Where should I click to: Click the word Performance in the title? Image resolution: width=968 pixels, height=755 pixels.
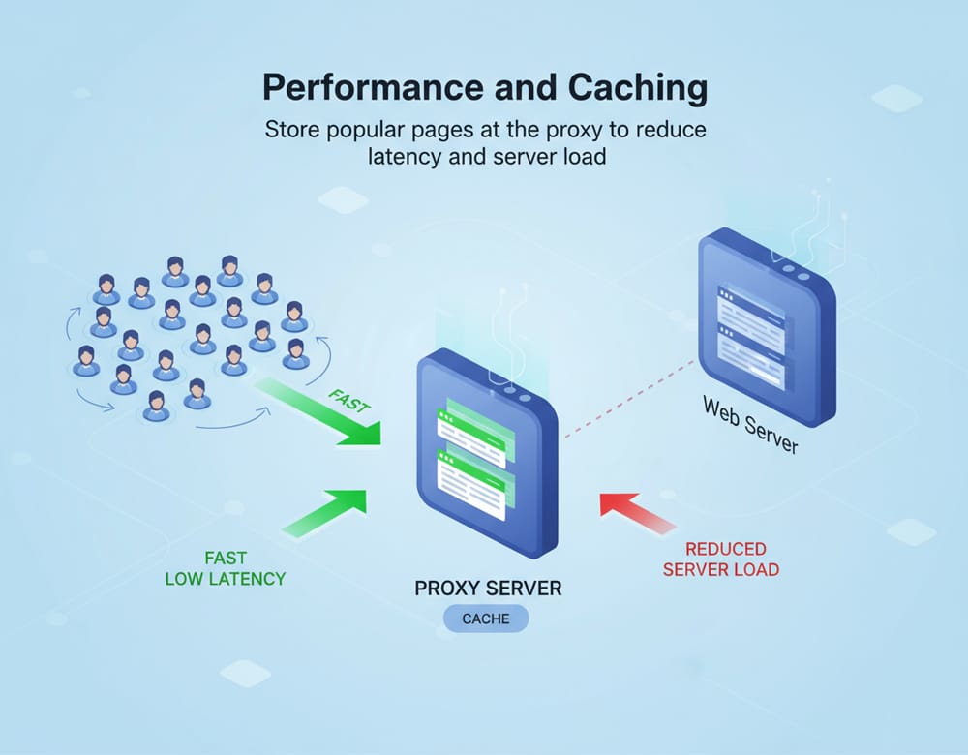coord(366,89)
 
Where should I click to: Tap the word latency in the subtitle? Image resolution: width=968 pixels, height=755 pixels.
coord(406,156)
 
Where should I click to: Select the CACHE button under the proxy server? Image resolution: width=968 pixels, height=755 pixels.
coord(486,619)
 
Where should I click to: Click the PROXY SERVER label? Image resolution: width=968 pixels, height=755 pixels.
coord(488,588)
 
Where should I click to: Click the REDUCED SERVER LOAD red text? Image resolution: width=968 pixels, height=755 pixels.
coord(720,559)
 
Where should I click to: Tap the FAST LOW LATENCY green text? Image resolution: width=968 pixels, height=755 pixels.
coord(226,568)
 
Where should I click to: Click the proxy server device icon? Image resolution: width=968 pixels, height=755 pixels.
coord(487,455)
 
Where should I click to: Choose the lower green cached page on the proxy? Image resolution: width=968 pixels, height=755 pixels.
coord(474,482)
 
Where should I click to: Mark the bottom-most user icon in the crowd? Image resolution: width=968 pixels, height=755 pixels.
coord(156,407)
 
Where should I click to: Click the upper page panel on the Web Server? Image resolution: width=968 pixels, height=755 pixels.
coord(750,309)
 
